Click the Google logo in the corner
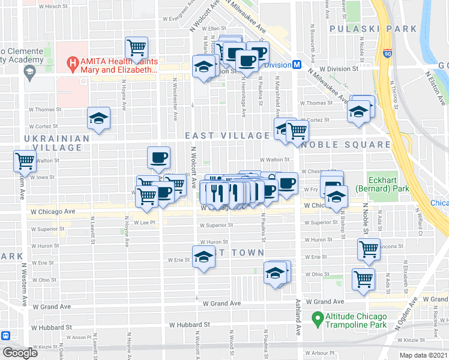tap(20, 352)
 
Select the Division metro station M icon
tap(296, 65)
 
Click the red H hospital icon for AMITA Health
tap(72, 62)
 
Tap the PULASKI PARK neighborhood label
tap(373, 28)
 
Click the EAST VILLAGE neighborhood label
tap(228, 136)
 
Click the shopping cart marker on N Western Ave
tap(25, 161)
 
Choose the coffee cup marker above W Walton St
tap(158, 158)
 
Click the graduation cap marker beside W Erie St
tap(203, 256)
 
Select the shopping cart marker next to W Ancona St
tap(369, 248)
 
